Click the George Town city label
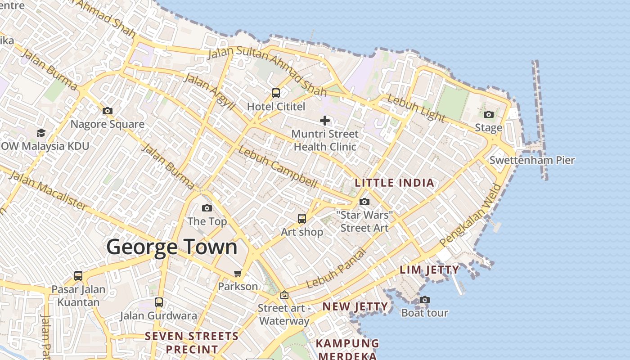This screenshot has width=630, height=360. (171, 247)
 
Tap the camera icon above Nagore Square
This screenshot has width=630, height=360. (108, 111)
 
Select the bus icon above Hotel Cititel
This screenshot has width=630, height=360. (276, 93)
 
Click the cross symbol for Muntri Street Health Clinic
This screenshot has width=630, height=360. (325, 120)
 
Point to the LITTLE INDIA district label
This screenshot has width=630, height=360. (395, 183)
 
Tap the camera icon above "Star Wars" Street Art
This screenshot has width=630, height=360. (364, 202)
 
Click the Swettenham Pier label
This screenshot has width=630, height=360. (532, 160)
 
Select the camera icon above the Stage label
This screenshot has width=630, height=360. (489, 114)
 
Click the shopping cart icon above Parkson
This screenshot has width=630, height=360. (238, 273)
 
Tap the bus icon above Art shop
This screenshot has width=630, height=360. (302, 219)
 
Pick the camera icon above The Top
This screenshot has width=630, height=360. (207, 208)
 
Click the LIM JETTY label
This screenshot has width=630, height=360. (430, 270)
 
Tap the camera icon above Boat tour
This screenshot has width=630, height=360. (424, 300)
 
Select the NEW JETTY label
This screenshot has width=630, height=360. (355, 307)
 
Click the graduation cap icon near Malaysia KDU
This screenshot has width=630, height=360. (41, 133)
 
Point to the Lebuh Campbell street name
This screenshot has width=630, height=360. (278, 166)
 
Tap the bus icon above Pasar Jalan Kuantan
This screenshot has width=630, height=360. (78, 275)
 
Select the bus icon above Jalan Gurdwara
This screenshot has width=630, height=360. (159, 302)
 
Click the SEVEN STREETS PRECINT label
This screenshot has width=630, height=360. (192, 342)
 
